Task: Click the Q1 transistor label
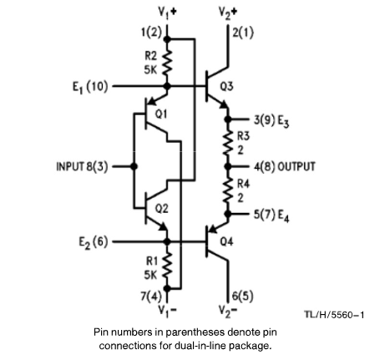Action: pyautogui.click(x=161, y=114)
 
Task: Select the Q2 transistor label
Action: pyautogui.click(x=161, y=209)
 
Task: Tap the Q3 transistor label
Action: pyautogui.click(x=226, y=87)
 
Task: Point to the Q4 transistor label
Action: pyautogui.click(x=226, y=241)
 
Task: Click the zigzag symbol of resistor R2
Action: pyautogui.click(x=167, y=63)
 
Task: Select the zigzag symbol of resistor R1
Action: pyautogui.click(x=167, y=267)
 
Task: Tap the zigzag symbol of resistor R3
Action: pyautogui.click(x=228, y=143)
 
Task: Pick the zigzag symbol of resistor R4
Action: pyautogui.click(x=228, y=190)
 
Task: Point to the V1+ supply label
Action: pyautogui.click(x=167, y=13)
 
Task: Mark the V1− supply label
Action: pyautogui.click(x=167, y=310)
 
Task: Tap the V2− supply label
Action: pyautogui.click(x=228, y=310)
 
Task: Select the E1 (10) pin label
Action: pyautogui.click(x=90, y=87)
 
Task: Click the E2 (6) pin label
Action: pyautogui.click(x=94, y=242)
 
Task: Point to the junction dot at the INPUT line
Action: pyautogui.click(x=134, y=166)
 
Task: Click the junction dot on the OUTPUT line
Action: pyautogui.click(x=228, y=166)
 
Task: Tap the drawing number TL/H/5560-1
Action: pyautogui.click(x=334, y=315)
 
